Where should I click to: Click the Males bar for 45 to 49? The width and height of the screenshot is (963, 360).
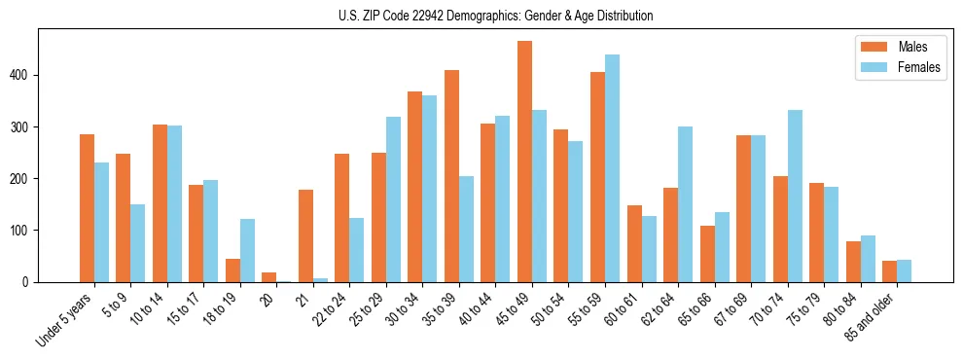point(525,162)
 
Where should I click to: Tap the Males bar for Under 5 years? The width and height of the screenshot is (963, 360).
point(88,208)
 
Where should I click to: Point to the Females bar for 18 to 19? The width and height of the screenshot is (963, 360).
point(248,250)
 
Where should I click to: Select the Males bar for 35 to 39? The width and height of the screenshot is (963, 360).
point(452,176)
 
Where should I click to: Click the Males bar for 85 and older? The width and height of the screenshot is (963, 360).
point(889,271)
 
